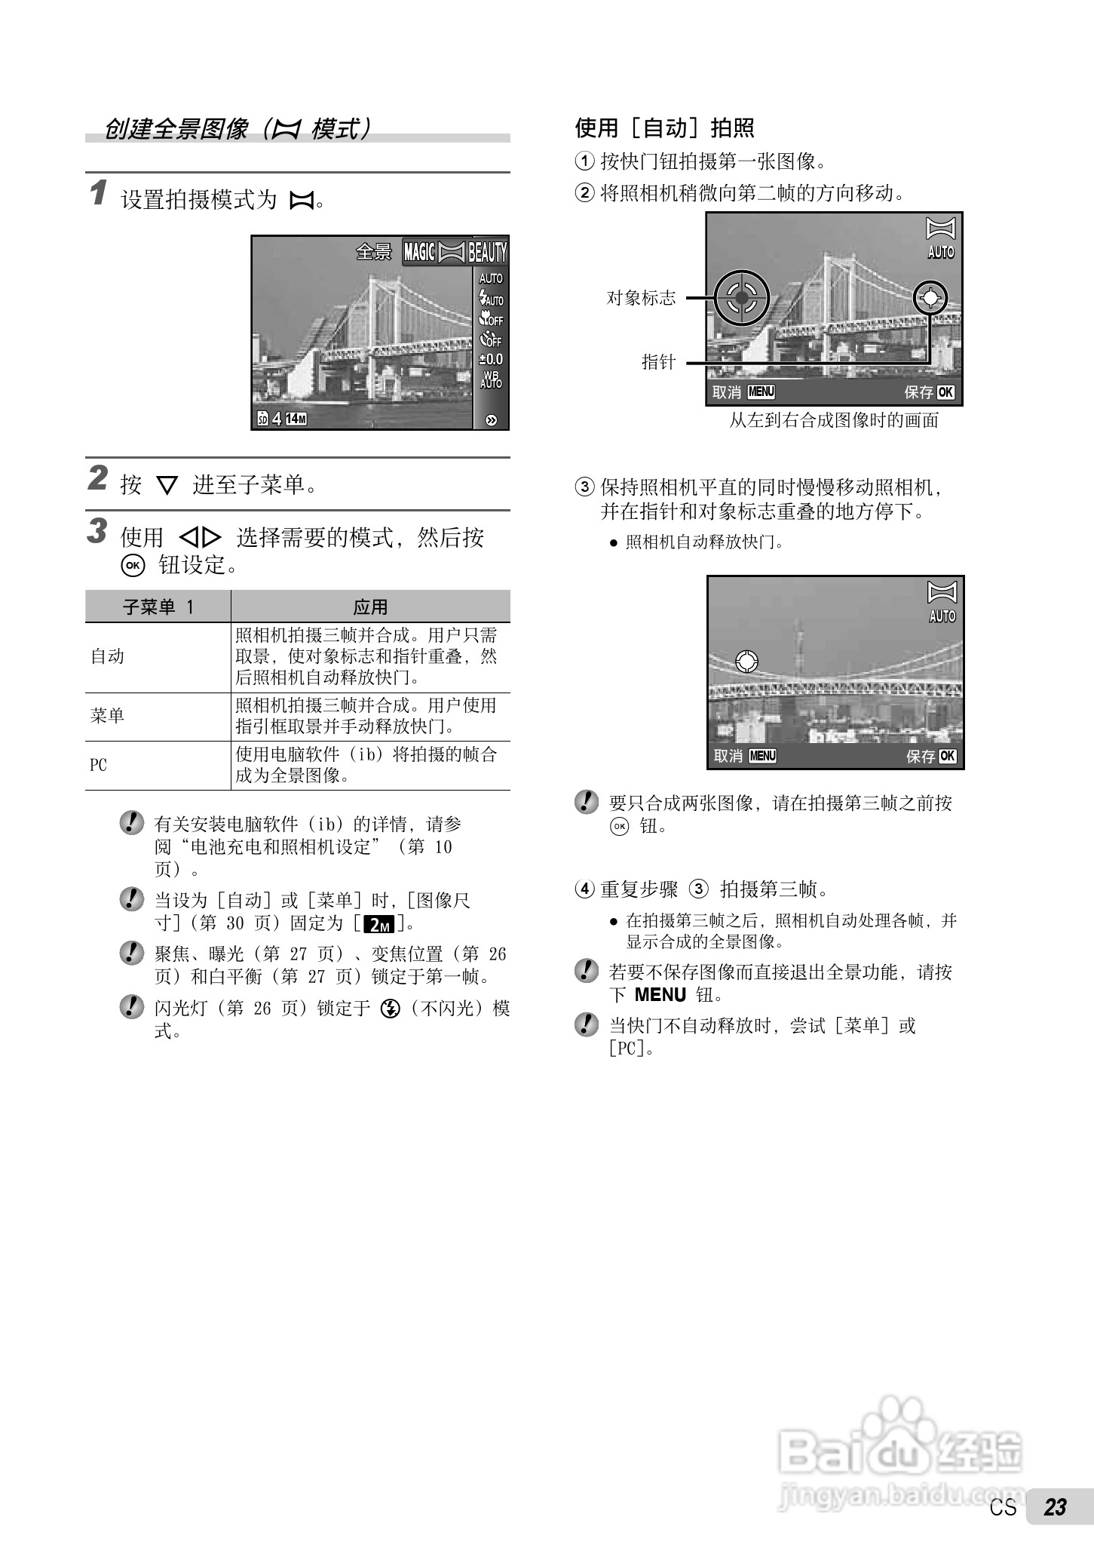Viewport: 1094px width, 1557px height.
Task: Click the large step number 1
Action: coord(98,193)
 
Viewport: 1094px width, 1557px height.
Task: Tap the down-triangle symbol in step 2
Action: coord(167,486)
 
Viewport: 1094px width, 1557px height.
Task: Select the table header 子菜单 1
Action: coord(158,607)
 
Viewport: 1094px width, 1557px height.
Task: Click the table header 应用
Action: coord(370,607)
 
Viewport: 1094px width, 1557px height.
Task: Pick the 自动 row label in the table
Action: coord(108,656)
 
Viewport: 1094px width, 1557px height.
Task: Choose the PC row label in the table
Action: coord(99,765)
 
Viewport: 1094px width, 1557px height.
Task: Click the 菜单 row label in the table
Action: coord(108,716)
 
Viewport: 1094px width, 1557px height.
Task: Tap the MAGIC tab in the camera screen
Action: coord(419,252)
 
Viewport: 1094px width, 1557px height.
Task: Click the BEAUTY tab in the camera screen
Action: coord(488,252)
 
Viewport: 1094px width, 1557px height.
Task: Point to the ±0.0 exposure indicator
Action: coord(491,360)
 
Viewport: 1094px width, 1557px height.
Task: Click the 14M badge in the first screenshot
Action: coord(296,419)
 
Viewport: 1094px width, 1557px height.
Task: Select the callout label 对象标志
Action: coord(642,298)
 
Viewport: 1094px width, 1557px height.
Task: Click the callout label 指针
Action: coord(658,362)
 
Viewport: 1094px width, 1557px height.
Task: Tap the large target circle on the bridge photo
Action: coord(742,298)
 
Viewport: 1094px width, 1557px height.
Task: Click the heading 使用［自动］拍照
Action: coord(665,128)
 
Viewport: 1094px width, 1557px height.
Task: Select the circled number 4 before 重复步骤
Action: coord(585,889)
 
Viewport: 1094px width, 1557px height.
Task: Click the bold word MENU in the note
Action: coord(660,995)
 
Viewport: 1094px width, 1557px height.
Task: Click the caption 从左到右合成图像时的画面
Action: coord(834,420)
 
